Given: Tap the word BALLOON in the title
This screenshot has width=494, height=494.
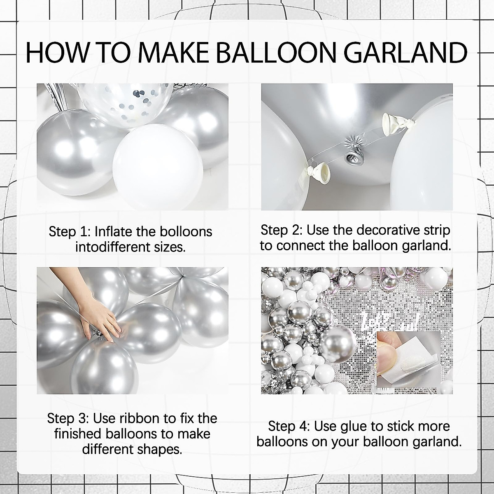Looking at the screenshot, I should pos(274,52).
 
